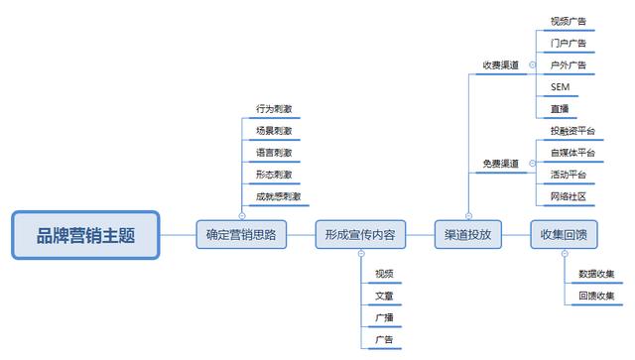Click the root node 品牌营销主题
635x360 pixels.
pyautogui.click(x=85, y=235)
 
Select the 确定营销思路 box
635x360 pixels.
pyautogui.click(x=240, y=235)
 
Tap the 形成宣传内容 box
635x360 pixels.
pyautogui.click(x=359, y=235)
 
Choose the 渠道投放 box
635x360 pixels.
pyautogui.click(x=468, y=235)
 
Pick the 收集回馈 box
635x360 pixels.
pyautogui.click(x=564, y=235)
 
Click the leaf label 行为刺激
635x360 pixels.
pyautogui.click(x=273, y=109)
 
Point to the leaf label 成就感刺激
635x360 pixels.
pyautogui.click(x=278, y=196)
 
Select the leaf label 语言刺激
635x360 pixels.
pyautogui.click(x=273, y=153)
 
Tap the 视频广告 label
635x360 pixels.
pyautogui.click(x=569, y=20)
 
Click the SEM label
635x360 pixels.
pyautogui.click(x=559, y=87)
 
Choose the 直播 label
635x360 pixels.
pyautogui.click(x=560, y=109)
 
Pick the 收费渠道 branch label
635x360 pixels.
pyautogui.click(x=500, y=65)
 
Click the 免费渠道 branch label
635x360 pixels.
pyautogui.click(x=500, y=163)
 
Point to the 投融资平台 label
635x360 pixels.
pyautogui.click(x=572, y=131)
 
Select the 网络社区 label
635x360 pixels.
pyautogui.click(x=569, y=196)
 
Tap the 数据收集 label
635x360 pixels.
pyautogui.click(x=595, y=274)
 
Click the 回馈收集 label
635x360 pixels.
pyautogui.click(x=595, y=296)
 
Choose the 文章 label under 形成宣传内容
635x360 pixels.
pyautogui.click(x=384, y=296)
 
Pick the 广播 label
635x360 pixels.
pyautogui.click(x=384, y=317)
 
